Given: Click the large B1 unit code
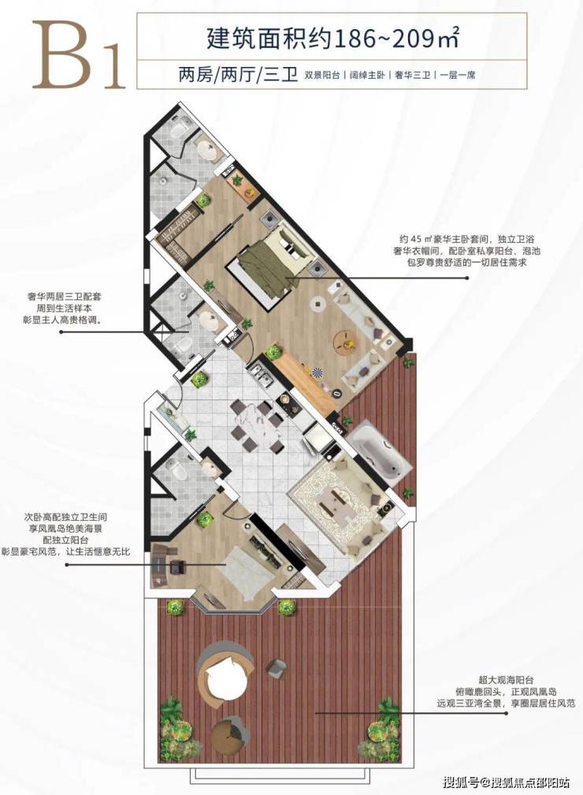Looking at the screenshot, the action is point(79,54).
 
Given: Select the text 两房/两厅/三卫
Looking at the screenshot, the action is point(237,76).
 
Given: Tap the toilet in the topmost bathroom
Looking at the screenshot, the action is point(180,130).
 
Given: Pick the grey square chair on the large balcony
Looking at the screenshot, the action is point(277,667).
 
